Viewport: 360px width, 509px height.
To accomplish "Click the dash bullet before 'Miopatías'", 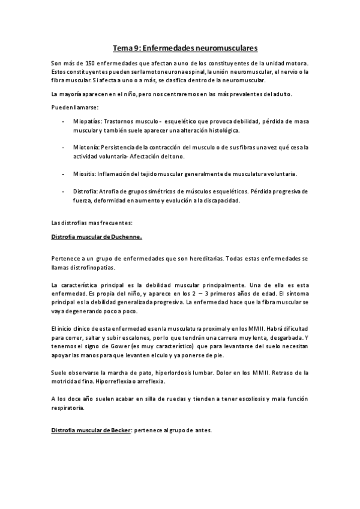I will click(x=64, y=121).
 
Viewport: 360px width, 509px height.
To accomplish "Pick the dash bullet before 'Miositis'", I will click(x=64, y=174).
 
